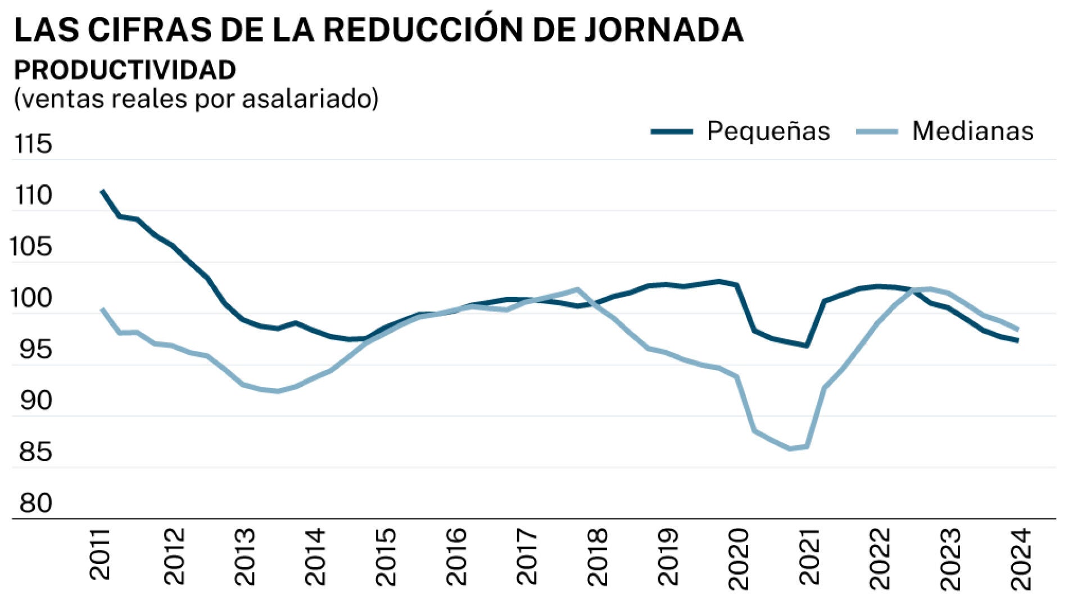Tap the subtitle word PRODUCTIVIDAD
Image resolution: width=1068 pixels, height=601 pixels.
pyautogui.click(x=125, y=70)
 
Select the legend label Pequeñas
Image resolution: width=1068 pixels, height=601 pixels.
pyautogui.click(x=768, y=131)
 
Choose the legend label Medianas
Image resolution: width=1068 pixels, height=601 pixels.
pyautogui.click(x=972, y=131)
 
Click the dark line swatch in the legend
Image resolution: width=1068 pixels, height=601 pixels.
pyautogui.click(x=672, y=132)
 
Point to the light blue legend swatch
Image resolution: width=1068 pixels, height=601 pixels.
pyautogui.click(x=877, y=132)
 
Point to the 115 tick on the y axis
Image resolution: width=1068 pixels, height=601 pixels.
pyautogui.click(x=33, y=144)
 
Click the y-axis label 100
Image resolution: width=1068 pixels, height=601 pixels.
pyautogui.click(x=31, y=299)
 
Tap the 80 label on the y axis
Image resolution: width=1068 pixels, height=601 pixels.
pyautogui.click(x=35, y=503)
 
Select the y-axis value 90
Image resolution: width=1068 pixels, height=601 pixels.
pyautogui.click(x=35, y=401)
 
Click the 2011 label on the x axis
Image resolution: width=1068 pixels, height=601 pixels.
pyautogui.click(x=100, y=554)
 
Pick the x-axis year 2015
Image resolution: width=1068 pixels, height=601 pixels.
pyautogui.click(x=386, y=557)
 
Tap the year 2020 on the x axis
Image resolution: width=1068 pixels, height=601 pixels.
pyautogui.click(x=738, y=558)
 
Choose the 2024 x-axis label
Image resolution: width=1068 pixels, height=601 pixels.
pyautogui.click(x=1020, y=558)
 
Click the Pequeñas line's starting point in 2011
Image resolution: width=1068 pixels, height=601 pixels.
pyautogui.click(x=102, y=191)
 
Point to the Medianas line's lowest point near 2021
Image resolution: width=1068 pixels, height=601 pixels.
pyautogui.click(x=790, y=449)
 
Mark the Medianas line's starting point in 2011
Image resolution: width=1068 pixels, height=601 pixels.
pyautogui.click(x=102, y=309)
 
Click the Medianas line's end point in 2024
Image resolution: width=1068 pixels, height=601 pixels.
pyautogui.click(x=1018, y=329)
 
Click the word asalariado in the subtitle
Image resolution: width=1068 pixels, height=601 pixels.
pyautogui.click(x=310, y=99)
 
